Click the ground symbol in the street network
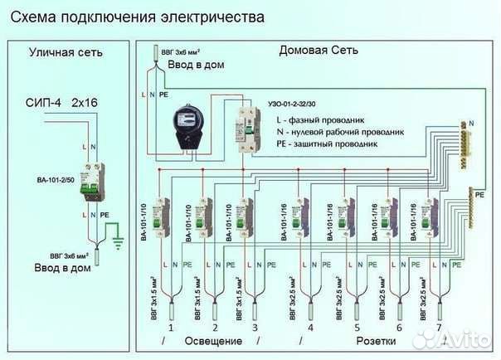117,241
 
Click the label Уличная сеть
66,52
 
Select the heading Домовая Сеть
319,51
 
